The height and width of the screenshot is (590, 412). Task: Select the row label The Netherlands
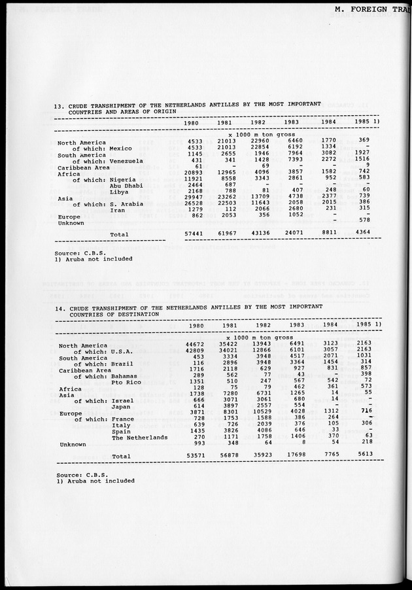[139, 437]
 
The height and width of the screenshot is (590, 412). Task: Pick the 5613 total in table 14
[366, 455]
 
